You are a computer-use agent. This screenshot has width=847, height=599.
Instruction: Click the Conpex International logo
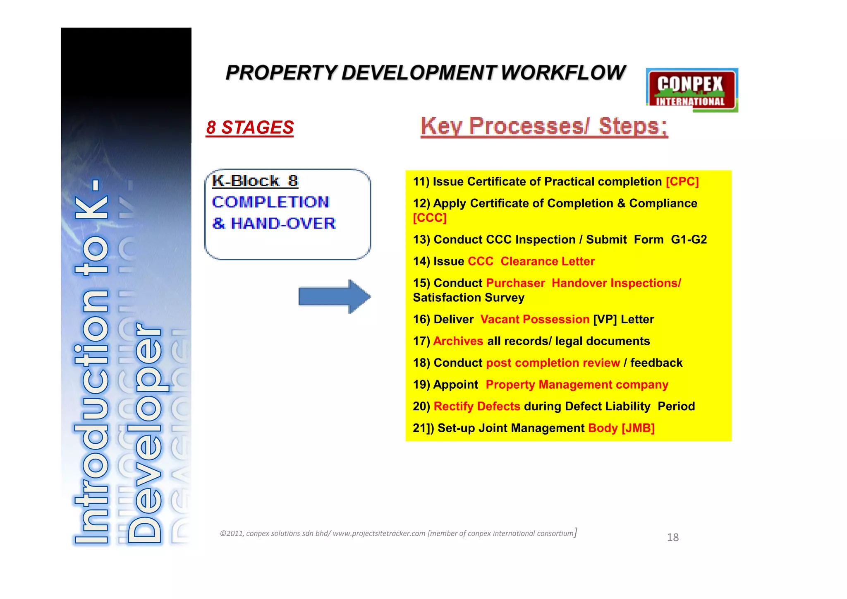point(691,90)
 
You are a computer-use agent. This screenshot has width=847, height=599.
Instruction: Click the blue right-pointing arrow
point(334,296)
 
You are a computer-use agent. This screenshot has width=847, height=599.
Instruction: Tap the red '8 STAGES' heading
point(250,127)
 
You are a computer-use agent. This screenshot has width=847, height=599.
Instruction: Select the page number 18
point(672,537)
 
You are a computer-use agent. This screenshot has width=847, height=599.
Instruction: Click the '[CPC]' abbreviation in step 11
point(682,182)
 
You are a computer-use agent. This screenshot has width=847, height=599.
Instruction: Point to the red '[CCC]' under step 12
point(430,218)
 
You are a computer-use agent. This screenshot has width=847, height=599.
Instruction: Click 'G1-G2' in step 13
point(689,240)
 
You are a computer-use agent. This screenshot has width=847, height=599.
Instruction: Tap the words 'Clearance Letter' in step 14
point(547,262)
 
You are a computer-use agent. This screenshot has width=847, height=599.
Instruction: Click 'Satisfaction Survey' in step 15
point(469,298)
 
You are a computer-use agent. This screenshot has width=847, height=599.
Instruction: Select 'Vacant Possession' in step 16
point(534,320)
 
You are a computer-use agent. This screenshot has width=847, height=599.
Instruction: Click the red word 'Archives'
point(458,341)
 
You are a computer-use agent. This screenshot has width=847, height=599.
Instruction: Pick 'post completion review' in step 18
point(553,363)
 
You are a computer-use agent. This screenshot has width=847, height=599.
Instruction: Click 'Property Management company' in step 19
point(577,385)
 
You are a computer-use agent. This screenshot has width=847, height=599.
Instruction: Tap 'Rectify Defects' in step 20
point(476,407)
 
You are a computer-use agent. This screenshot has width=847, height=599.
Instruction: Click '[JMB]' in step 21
point(638,428)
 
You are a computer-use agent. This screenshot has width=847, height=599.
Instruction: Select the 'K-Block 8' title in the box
point(255,181)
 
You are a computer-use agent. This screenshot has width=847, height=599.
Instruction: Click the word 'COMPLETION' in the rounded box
point(270,202)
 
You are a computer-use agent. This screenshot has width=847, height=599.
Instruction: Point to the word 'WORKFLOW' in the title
point(563,73)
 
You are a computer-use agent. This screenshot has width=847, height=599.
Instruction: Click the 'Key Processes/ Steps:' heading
point(544,126)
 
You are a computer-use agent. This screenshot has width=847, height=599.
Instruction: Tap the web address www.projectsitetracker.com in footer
point(379,534)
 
